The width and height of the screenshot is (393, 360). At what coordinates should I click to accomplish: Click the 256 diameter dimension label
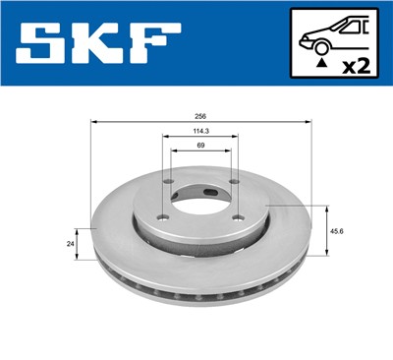(200, 115)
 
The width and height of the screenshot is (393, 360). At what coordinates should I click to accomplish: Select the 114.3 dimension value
(200, 132)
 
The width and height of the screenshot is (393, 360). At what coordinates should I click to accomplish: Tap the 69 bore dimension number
(200, 147)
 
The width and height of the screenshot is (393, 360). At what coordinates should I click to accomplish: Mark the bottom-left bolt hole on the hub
(164, 216)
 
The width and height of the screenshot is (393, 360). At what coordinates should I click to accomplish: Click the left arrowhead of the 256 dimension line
(94, 121)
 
